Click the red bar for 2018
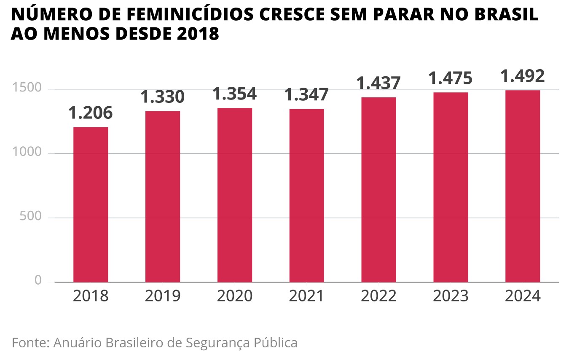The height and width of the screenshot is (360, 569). (91, 204)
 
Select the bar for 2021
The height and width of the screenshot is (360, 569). (307, 195)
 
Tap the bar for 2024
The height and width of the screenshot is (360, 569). (523, 186)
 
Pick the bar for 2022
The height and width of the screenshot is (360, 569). (378, 190)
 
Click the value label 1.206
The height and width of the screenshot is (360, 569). (91, 113)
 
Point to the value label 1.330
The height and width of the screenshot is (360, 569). (163, 97)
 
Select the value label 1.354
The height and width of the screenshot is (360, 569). (235, 94)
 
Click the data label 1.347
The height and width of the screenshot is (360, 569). (307, 95)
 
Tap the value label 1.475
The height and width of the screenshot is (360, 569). (451, 78)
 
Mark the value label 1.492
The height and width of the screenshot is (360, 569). (523, 76)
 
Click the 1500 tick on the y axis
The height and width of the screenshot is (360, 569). (27, 89)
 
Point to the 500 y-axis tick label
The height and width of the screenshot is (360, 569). (30, 217)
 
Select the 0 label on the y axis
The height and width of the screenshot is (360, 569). (38, 281)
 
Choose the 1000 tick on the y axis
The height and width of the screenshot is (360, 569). (27, 153)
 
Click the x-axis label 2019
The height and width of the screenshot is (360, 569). (163, 296)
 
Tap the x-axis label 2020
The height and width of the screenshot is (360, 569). (235, 296)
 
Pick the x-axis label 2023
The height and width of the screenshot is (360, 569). (451, 296)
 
